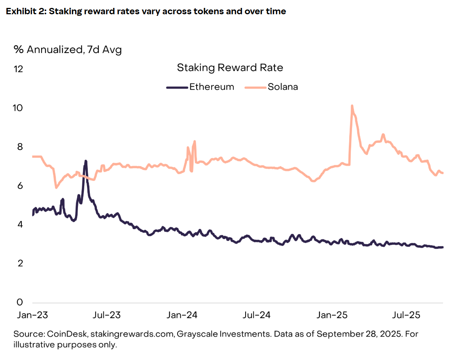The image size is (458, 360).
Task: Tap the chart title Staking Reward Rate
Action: click(x=230, y=68)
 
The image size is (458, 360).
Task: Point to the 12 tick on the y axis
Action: click(x=18, y=69)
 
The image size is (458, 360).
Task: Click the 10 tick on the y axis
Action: click(x=18, y=108)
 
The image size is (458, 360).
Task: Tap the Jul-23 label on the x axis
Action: click(x=107, y=315)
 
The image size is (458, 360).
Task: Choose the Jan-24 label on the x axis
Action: click(x=182, y=315)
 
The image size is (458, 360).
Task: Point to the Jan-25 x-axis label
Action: click(x=332, y=315)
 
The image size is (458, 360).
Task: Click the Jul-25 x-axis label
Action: click(x=406, y=315)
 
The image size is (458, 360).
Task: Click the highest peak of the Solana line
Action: click(x=352, y=106)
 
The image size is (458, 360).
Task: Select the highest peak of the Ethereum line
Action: click(x=85, y=161)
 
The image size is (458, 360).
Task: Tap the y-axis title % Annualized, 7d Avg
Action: click(x=68, y=50)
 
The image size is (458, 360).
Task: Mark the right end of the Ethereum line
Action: click(x=443, y=247)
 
